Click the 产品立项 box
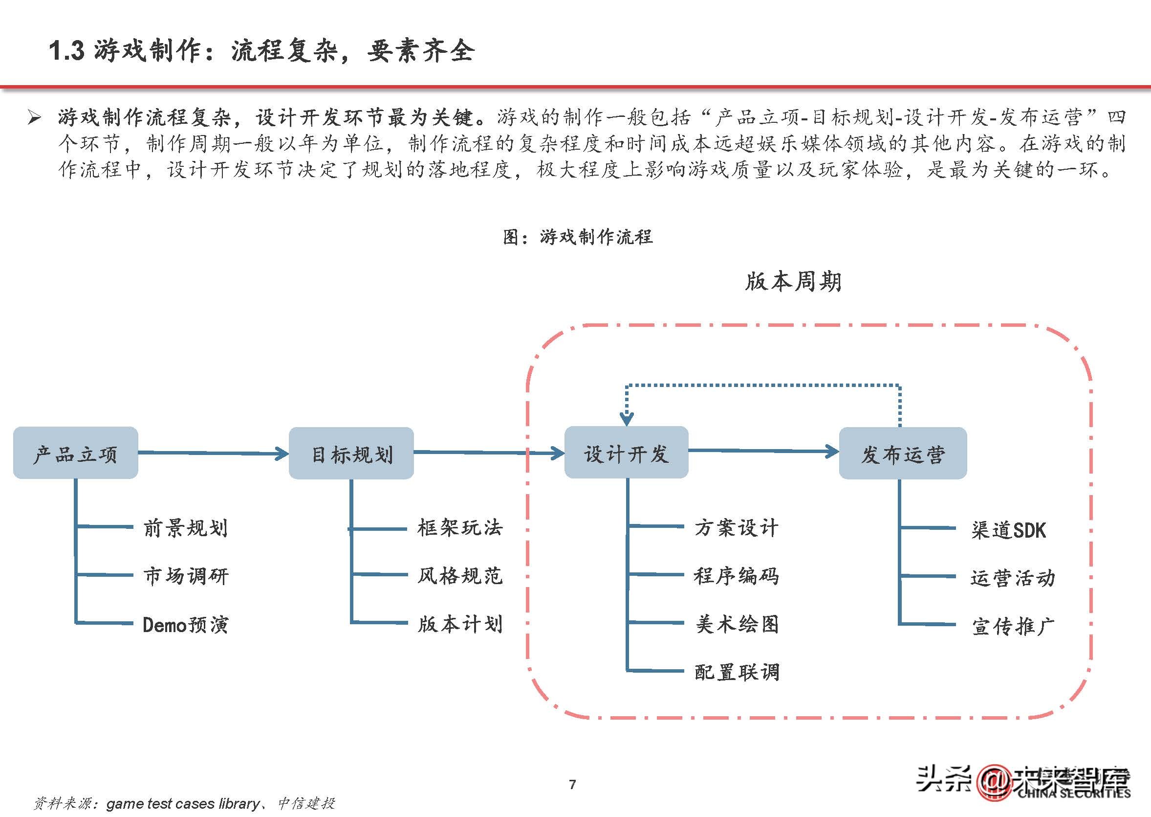tap(75, 453)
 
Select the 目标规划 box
tap(351, 454)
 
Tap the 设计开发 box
tap(626, 452)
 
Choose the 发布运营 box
tap(903, 454)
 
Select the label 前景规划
tap(185, 528)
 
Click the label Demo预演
tap(185, 625)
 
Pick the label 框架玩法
tap(460, 528)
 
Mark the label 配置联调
tap(737, 672)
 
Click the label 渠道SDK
tap(1008, 530)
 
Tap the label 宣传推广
tap(1013, 626)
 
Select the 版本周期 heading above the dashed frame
tap(793, 281)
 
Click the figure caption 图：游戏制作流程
tap(578, 236)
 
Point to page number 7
tap(572, 784)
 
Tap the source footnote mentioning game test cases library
tap(184, 803)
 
